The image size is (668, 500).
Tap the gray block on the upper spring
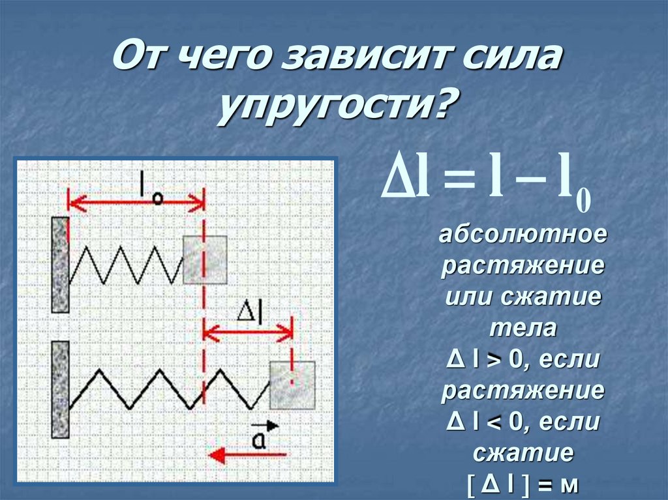coord(205,259)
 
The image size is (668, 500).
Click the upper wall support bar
coord(61,264)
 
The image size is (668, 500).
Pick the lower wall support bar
coord(61,389)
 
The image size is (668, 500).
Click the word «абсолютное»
coord(522,235)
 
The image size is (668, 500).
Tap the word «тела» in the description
coord(521,329)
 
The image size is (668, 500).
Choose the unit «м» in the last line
coord(568,486)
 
